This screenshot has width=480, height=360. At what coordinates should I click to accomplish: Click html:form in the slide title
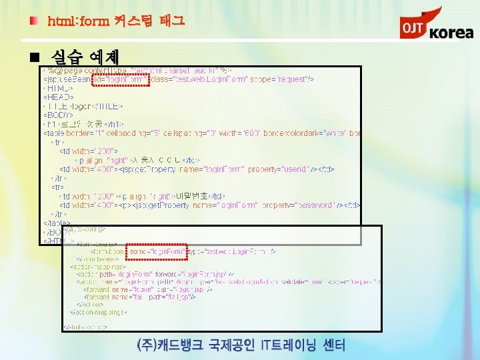click(78, 21)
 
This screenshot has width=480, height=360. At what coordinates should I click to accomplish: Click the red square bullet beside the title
click(33, 21)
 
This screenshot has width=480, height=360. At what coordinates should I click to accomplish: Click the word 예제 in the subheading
click(99, 55)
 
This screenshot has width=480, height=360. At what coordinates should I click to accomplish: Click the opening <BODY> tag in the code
click(59, 115)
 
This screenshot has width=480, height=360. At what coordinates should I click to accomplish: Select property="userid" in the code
click(278, 169)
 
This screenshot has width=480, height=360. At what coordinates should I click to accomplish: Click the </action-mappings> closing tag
click(98, 311)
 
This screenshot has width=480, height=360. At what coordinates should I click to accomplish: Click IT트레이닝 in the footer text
click(282, 345)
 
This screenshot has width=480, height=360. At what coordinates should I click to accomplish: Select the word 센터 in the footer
click(331, 345)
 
